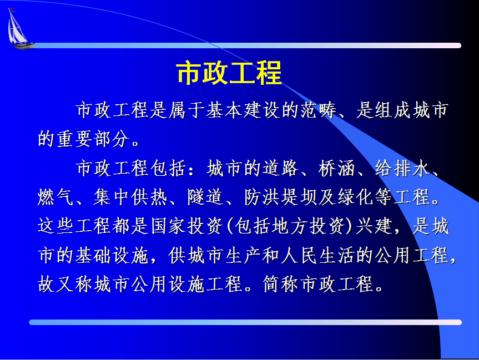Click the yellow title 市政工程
[229, 73]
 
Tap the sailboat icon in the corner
[19, 28]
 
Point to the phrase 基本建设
[243, 110]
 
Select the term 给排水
[402, 168]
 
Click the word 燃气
[56, 197]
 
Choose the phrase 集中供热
[130, 197]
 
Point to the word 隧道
[205, 197]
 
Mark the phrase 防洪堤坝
[281, 197]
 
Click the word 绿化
[356, 197]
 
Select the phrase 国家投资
[187, 226]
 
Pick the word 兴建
[374, 226]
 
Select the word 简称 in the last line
[281, 284]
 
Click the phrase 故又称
[65, 284]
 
